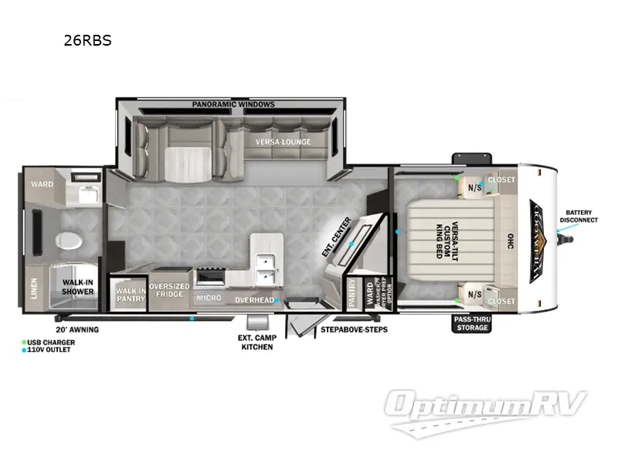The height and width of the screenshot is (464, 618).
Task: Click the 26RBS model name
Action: coord(87,41)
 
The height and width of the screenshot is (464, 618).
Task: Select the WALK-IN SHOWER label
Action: coord(78,287)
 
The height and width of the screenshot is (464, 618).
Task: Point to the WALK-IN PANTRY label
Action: coord(128,294)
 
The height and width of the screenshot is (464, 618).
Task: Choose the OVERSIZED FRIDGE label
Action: coord(169,290)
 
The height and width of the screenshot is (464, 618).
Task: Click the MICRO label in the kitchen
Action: coord(209,298)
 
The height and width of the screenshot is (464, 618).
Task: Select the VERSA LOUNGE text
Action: coord(284,142)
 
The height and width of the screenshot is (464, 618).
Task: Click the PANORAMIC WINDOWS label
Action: coord(233,104)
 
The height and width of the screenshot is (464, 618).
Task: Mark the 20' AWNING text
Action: coord(77,329)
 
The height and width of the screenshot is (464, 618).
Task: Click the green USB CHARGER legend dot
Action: coord(24,342)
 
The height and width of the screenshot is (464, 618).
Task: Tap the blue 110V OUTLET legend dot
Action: coord(24,350)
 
